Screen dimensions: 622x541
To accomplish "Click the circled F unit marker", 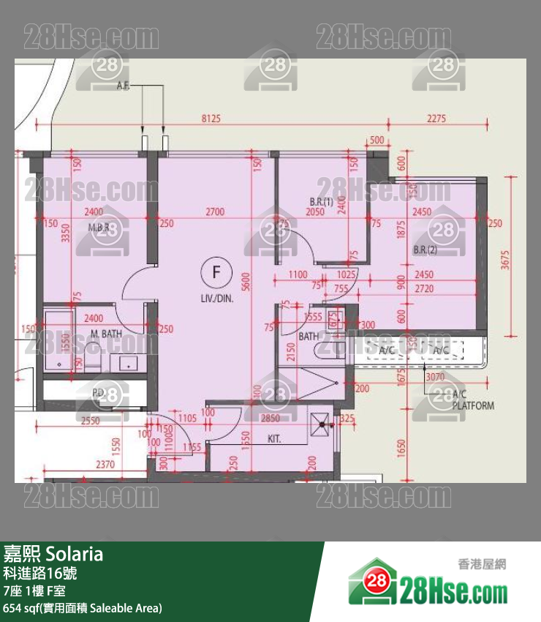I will [x=216, y=272].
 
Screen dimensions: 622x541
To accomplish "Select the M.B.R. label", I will [x=99, y=228].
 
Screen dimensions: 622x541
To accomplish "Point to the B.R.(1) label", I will [x=321, y=201].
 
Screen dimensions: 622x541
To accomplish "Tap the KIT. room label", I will [x=274, y=440].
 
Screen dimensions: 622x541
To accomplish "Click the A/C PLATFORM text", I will [x=473, y=400].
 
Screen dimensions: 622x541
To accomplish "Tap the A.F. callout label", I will [x=123, y=86].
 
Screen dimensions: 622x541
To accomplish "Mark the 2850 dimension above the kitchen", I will [x=270, y=419].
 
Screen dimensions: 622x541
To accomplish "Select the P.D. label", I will [x=98, y=393].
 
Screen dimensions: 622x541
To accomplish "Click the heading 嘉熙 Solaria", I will [x=53, y=554].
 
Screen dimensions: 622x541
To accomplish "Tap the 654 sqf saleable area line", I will [x=83, y=608].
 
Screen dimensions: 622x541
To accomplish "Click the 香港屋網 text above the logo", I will [x=482, y=564].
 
